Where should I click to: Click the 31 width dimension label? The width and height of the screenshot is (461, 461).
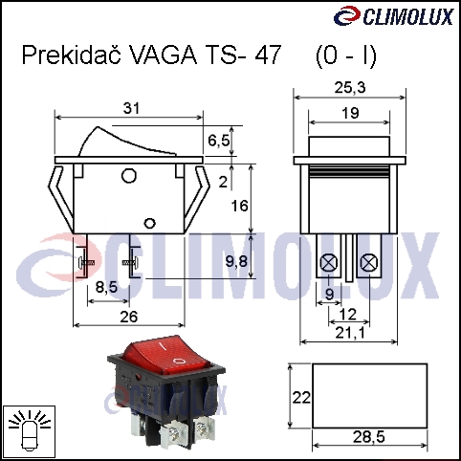[131, 108]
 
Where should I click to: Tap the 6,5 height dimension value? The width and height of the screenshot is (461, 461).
[218, 141]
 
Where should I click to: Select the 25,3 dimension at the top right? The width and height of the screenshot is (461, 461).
[350, 88]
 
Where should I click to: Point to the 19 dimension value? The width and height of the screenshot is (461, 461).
[350, 113]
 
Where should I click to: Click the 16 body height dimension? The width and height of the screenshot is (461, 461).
[239, 206]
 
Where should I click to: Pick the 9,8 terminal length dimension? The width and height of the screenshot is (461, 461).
[236, 262]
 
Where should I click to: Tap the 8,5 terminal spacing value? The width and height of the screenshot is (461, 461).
[106, 287]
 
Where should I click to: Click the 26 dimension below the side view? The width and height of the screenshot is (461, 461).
[129, 317]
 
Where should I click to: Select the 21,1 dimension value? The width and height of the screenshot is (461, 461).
[350, 334]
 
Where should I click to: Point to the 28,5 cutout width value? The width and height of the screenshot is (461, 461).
[369, 437]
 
